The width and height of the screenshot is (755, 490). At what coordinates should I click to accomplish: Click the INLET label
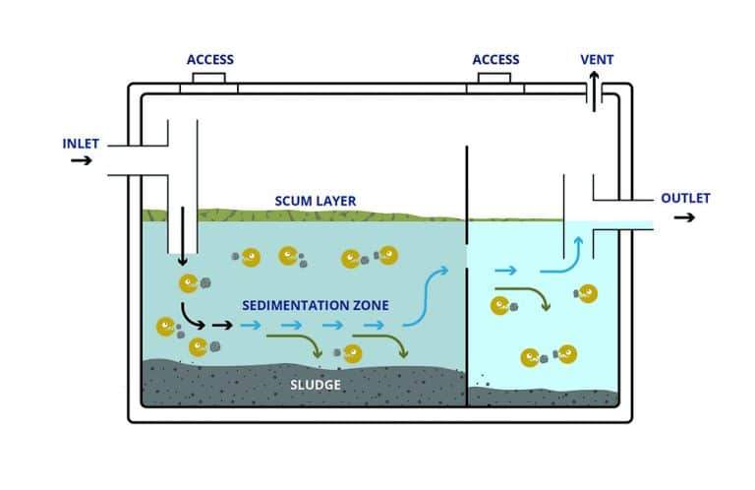pos(81,144)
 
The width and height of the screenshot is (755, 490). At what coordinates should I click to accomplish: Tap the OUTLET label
pos(685,198)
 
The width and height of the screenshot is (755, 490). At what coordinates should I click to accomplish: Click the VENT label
pos(597,60)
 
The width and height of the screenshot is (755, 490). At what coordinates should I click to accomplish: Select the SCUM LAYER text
pos(316,202)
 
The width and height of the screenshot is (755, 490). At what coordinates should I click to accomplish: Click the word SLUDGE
pos(316,385)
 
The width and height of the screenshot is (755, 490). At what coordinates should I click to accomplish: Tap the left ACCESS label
pos(210,60)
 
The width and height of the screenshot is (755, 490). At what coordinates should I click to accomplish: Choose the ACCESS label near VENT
pos(496,60)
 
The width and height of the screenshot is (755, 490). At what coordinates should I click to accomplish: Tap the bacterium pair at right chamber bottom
pos(549,355)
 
